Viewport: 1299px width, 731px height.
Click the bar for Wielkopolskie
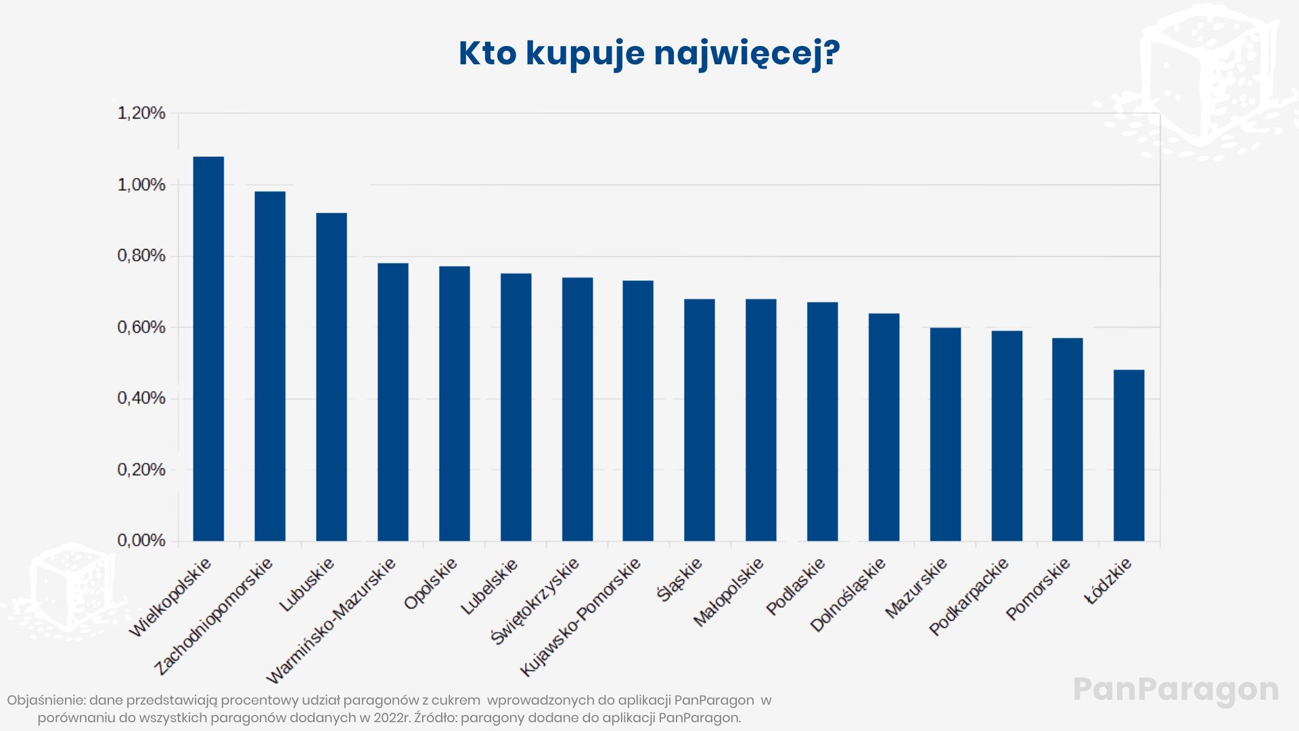click(208, 349)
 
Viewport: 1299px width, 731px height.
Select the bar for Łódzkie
click(1129, 455)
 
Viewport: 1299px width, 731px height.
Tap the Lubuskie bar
click(332, 376)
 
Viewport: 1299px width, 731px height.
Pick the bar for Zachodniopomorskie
click(270, 365)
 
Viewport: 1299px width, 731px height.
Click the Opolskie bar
click(454, 403)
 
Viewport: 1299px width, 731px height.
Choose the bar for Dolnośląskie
click(884, 426)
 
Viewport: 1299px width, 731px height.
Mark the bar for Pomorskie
click(1067, 439)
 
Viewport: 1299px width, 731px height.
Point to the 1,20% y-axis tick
click(141, 113)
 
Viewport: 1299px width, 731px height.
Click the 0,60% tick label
click(141, 328)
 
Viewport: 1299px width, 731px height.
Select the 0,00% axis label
click(141, 541)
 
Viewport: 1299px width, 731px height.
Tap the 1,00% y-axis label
click(141, 185)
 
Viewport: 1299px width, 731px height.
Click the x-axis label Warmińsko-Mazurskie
click(331, 621)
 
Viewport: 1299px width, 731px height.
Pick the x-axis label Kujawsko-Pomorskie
click(580, 617)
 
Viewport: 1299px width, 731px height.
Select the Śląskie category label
click(679, 579)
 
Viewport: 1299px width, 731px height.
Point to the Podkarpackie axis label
click(968, 596)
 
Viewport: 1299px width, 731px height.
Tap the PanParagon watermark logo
click(1176, 690)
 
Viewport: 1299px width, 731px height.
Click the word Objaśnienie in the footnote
click(46, 701)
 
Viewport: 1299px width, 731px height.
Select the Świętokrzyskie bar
click(577, 409)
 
